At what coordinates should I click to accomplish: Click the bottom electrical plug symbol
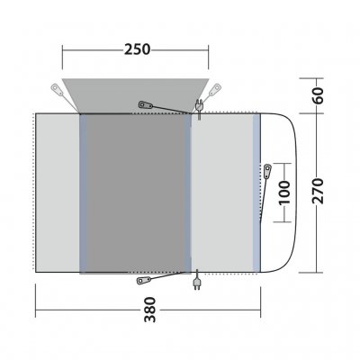(x=197, y=287)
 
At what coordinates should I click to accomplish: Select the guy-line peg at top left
(x=57, y=88)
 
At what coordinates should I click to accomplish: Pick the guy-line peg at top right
(x=214, y=88)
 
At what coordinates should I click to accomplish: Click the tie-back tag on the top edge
(x=146, y=105)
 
